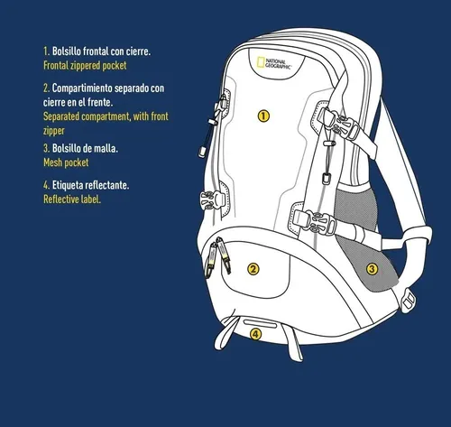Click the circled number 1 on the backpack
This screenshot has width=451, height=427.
[x=263, y=116]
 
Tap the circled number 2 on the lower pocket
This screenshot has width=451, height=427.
[x=253, y=269]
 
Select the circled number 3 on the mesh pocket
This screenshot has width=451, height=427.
[x=372, y=269]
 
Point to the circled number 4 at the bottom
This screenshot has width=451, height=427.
[x=255, y=334]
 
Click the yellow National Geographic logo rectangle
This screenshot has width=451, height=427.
[x=261, y=62]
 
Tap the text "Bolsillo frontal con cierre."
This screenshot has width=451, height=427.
[x=101, y=51]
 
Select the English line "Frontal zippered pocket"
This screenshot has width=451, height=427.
[x=85, y=66]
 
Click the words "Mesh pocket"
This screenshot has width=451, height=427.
[x=66, y=162]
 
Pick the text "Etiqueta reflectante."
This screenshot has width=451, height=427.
[x=90, y=185]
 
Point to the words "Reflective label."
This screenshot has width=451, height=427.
[x=72, y=200]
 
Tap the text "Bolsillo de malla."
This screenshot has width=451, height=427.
[x=85, y=148]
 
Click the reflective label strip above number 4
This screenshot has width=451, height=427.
[x=260, y=323]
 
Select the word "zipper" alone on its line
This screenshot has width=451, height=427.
[x=54, y=131]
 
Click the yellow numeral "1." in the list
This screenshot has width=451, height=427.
[x=46, y=51]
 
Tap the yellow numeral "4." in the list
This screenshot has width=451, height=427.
[x=46, y=185]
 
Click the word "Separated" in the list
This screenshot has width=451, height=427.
[x=61, y=116]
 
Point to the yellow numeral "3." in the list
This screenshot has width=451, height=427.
[x=46, y=148]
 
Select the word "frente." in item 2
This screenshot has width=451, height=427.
[x=100, y=103]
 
